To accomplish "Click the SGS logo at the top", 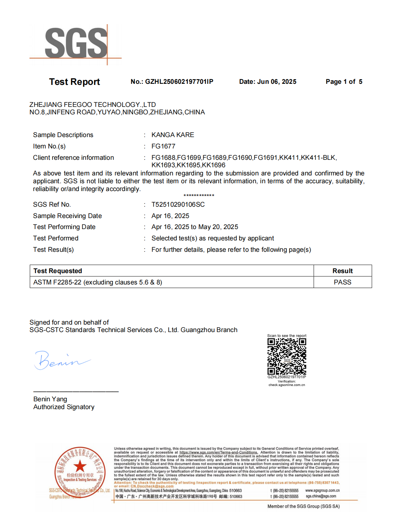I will [76, 44].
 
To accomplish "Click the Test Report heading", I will [75, 82].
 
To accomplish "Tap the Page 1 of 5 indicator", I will [344, 82].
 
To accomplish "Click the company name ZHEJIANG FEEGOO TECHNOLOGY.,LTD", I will [93, 105].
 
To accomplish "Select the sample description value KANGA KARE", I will [173, 135].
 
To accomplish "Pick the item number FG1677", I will [163, 146].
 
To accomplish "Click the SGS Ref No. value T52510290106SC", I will [178, 205].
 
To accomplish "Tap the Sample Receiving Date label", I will [67, 216].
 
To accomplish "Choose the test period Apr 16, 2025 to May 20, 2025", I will [195, 227].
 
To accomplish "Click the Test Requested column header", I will [58, 271].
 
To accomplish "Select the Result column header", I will [342, 271].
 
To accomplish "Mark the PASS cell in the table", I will [342, 282].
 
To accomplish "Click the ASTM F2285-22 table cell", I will [98, 282].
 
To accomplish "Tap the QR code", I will [287, 356].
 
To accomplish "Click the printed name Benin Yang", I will [50, 399].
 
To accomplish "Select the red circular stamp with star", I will [80, 472].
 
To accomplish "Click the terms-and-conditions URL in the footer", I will [219, 452].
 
